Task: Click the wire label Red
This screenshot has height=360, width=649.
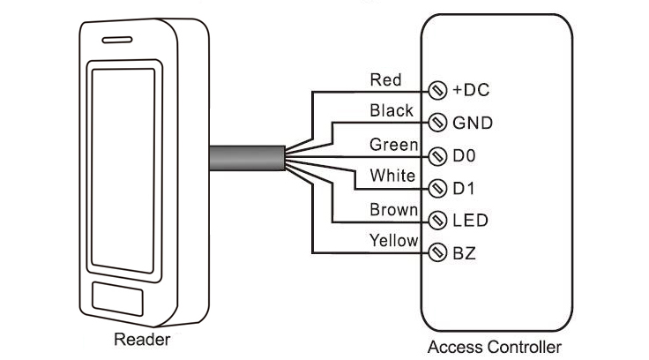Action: click(385, 80)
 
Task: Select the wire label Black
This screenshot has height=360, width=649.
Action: click(392, 111)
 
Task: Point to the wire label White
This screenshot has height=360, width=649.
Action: click(392, 176)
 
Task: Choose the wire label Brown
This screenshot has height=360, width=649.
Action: click(392, 209)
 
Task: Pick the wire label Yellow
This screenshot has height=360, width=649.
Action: click(392, 241)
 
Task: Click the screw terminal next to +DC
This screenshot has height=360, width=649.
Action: click(437, 90)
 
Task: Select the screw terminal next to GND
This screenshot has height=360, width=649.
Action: click(437, 123)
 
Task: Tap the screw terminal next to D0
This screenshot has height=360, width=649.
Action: click(437, 156)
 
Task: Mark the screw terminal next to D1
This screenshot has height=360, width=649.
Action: click(437, 188)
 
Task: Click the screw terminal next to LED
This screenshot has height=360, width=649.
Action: click(437, 221)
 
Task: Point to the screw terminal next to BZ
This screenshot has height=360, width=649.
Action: click(437, 253)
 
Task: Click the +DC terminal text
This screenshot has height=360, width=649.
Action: click(470, 90)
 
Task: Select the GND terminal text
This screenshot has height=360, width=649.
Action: click(473, 123)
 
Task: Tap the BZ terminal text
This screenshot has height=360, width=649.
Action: click(464, 253)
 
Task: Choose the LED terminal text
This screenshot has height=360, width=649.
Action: click(470, 221)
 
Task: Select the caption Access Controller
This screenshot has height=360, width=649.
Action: click(494, 347)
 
